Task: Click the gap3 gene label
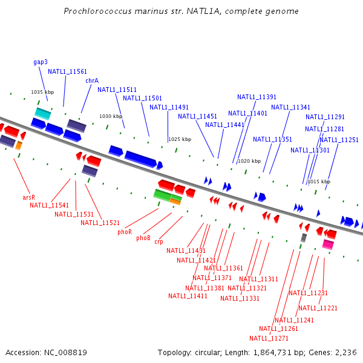point(41,62)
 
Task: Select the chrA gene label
point(92,80)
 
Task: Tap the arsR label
point(28,197)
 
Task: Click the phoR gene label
point(125,232)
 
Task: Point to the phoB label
point(143,238)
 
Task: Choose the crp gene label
point(159,242)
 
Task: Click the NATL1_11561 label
point(67,71)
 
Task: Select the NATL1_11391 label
point(257,97)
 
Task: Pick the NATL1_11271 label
point(269,338)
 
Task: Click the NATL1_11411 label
point(188,296)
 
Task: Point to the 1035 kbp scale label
point(42,92)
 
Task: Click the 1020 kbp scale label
point(249,161)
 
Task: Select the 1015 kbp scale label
point(319,181)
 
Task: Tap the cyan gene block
point(42,113)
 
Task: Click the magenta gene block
point(328,244)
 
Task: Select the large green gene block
point(162,194)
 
